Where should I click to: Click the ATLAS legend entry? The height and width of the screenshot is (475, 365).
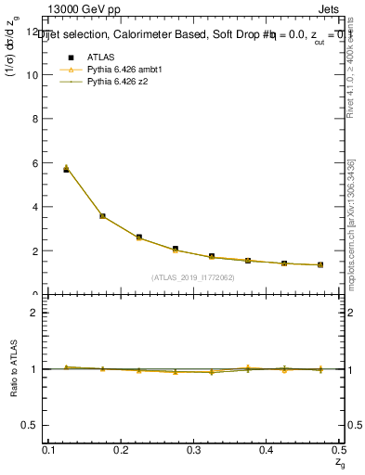[99, 58]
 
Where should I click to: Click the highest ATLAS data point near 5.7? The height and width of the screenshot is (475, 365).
[66, 170]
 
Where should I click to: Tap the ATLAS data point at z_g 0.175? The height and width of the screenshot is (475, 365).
[102, 216]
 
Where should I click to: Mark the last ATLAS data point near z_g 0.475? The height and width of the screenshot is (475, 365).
[319, 265]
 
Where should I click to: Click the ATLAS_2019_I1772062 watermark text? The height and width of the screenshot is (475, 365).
[193, 277]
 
